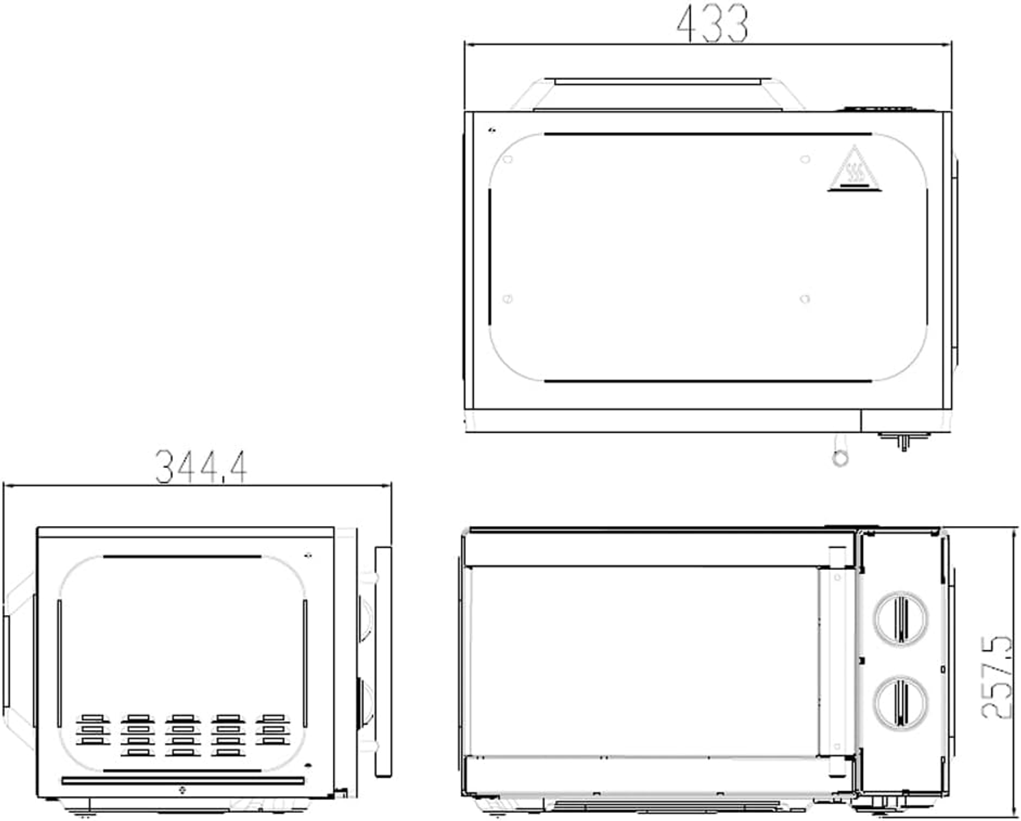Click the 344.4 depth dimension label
tap(201, 467)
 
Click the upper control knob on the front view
tap(901, 619)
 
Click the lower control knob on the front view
tap(901, 702)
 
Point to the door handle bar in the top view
tap(658, 81)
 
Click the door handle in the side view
tap(384, 662)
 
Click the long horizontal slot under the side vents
tap(183, 781)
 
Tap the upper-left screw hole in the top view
tap(507, 159)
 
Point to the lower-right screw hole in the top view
tap(805, 299)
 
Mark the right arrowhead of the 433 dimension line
tap(947, 44)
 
